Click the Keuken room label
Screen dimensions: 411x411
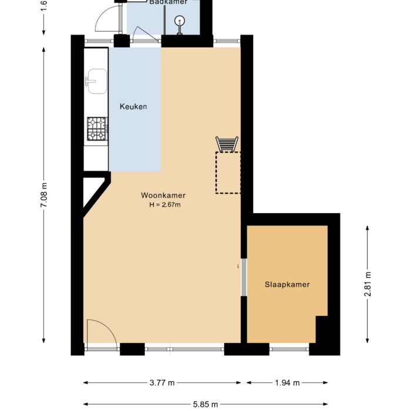[x=133, y=106]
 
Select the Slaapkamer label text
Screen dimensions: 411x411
[x=287, y=284]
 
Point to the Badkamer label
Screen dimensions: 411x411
[x=168, y=2]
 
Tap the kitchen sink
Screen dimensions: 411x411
[x=96, y=81]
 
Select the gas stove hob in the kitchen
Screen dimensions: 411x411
[x=97, y=129]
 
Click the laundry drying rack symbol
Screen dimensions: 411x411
[x=227, y=144]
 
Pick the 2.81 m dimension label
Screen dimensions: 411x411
[x=368, y=284]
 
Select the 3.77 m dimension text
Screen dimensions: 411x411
[x=162, y=383]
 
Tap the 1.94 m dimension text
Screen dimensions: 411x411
[x=288, y=383]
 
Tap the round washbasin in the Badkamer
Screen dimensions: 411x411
[x=180, y=21]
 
